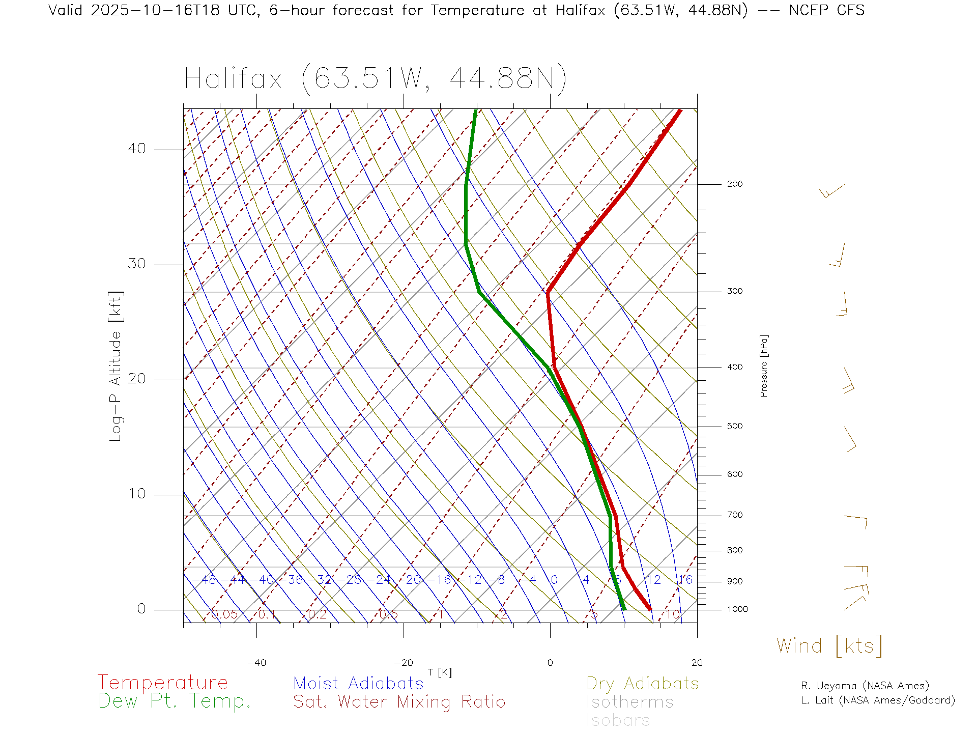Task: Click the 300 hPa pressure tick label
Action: click(x=735, y=291)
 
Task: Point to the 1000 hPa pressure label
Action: click(x=737, y=609)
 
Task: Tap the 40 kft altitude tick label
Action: click(x=136, y=149)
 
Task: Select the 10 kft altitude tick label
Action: click(x=136, y=494)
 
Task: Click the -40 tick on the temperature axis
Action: click(x=256, y=663)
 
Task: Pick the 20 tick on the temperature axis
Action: click(x=697, y=663)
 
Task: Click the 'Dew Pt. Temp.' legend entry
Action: click(x=175, y=701)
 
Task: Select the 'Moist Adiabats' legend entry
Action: click(x=358, y=683)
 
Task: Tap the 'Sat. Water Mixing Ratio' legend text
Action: click(x=399, y=702)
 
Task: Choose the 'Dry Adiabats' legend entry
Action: click(x=642, y=683)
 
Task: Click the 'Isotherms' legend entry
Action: click(x=629, y=702)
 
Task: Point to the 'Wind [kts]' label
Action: click(x=829, y=646)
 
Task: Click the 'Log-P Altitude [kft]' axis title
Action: click(x=116, y=366)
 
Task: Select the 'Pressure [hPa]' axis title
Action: click(x=764, y=366)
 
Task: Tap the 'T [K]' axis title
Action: click(x=440, y=672)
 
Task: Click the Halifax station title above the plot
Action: click(x=376, y=79)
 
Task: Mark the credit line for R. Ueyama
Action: click(x=865, y=686)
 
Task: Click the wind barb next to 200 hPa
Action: click(x=832, y=191)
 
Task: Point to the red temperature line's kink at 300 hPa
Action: click(x=548, y=292)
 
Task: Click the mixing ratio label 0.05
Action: click(x=224, y=614)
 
